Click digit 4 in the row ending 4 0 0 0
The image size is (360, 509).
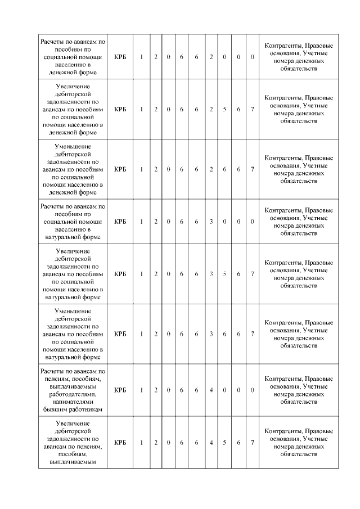pyautogui.click(x=211, y=390)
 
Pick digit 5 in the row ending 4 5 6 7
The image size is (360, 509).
pyautogui.click(x=224, y=443)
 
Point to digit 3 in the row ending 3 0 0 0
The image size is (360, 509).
pyautogui.click(x=211, y=222)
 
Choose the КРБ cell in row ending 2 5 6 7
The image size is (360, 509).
pyautogui.click(x=120, y=109)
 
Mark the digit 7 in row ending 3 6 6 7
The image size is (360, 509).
pyautogui.click(x=253, y=334)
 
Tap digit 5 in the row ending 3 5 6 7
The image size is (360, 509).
pyautogui.click(x=224, y=274)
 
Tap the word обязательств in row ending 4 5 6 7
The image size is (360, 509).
pyautogui.click(x=298, y=454)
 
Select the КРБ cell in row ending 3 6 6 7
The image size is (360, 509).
pyautogui.click(x=120, y=334)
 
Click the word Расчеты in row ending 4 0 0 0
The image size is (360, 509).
pyautogui.click(x=52, y=371)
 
